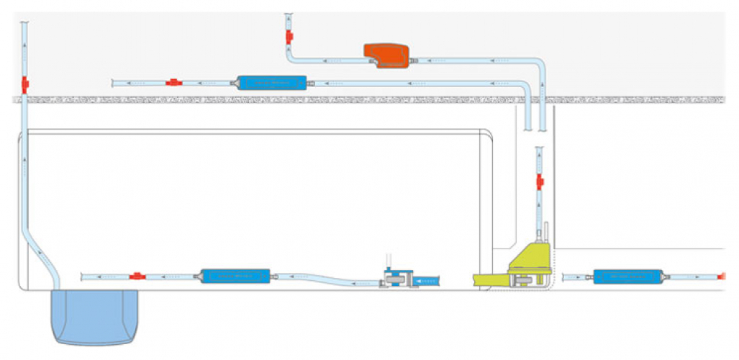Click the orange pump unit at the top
[387, 55]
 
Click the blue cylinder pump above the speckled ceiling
[271, 83]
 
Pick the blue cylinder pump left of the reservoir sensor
[235, 276]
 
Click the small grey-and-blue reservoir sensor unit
[397, 278]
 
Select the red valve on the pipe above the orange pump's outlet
[289, 35]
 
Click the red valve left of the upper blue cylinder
[173, 83]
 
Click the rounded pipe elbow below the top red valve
[294, 56]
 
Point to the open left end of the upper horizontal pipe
[114, 83]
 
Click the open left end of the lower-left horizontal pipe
[83, 276]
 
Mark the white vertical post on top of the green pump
[545, 232]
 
